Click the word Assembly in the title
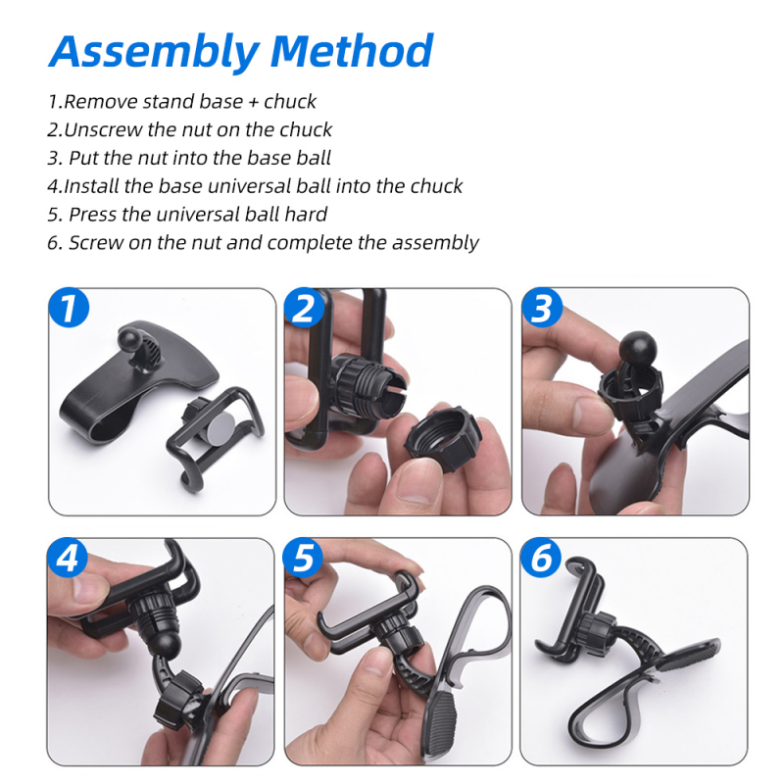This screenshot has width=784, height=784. pyautogui.click(x=155, y=53)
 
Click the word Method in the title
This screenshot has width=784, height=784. pyautogui.click(x=352, y=51)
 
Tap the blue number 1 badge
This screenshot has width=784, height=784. pyautogui.click(x=69, y=307)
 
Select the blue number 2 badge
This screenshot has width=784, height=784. pyautogui.click(x=304, y=307)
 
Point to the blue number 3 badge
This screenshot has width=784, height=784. pyautogui.click(x=542, y=307)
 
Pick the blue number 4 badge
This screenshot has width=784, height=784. pyautogui.click(x=68, y=557)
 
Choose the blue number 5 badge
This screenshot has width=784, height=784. pyautogui.click(x=303, y=557)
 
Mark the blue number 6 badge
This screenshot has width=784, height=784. pyautogui.click(x=541, y=557)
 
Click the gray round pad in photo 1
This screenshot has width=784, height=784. pyautogui.click(x=220, y=427)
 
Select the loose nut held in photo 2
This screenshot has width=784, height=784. pyautogui.click(x=443, y=436)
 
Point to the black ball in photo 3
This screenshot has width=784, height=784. pyautogui.click(x=638, y=349)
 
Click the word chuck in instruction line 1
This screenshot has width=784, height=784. pyautogui.click(x=290, y=102)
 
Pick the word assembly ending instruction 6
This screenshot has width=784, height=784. pyautogui.click(x=435, y=243)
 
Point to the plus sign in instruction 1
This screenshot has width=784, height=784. pyautogui.click(x=254, y=103)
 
